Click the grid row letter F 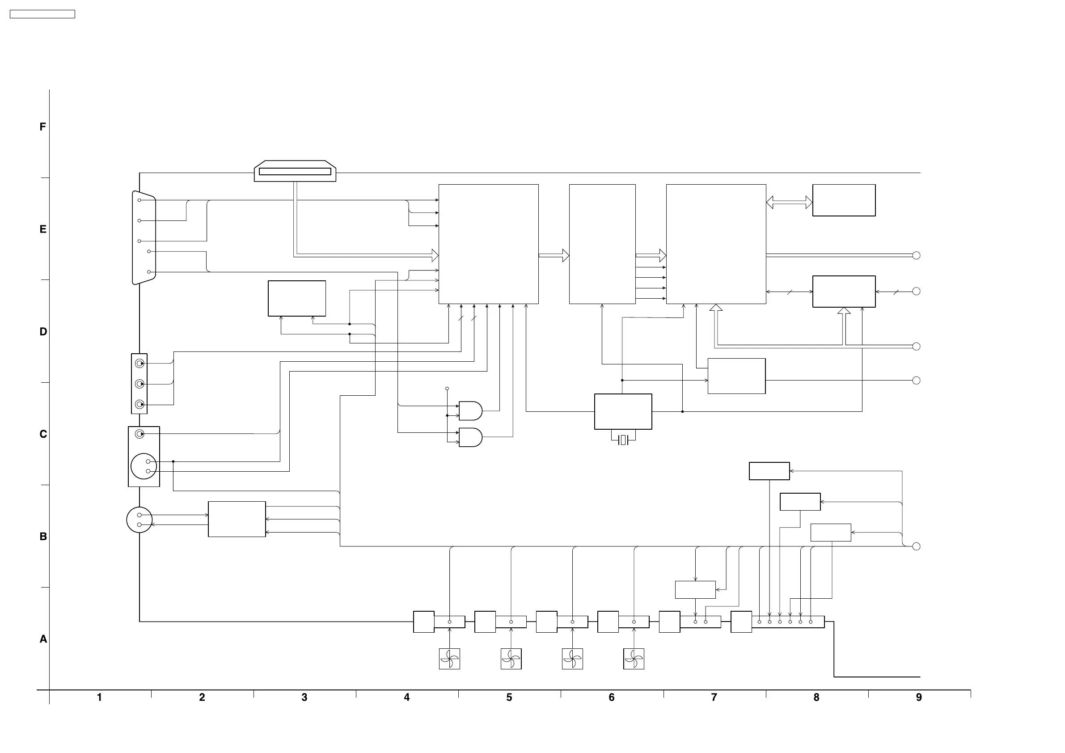42,127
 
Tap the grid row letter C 43,434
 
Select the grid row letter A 43,639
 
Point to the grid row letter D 43,332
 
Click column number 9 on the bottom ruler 918,697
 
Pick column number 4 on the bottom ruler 406,697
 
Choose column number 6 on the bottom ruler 611,697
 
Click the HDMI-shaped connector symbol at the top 295,171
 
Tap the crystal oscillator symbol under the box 623,440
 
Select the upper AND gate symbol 470,411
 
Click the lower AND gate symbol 470,437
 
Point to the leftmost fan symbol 449,659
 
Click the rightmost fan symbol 634,659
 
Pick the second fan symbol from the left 511,659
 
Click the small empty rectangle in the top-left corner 42,14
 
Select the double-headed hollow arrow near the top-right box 789,202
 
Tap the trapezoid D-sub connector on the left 144,237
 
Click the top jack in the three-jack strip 139,363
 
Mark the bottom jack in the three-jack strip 139,404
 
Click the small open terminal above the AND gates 447,388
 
